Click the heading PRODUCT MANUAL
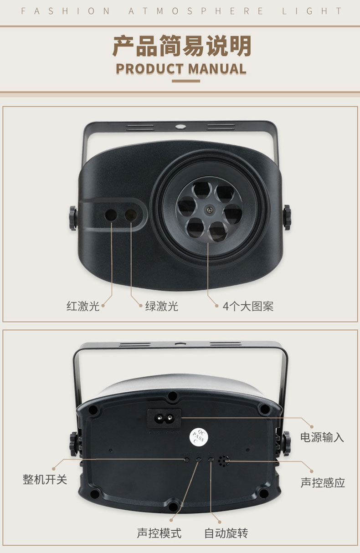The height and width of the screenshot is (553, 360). coord(181,69)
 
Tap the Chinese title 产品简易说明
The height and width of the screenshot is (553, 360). coord(182,46)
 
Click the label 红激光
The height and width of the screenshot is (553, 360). coord(83,306)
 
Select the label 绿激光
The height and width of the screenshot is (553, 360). coord(162,306)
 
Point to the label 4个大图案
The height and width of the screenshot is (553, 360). coord(248,306)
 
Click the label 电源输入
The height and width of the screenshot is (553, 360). coord(322,437)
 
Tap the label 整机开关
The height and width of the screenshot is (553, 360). coord(45,479)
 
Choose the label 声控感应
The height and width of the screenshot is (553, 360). coord(323,482)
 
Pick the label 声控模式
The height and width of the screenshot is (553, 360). coord(159,533)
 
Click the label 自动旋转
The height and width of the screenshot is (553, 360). coord(226,533)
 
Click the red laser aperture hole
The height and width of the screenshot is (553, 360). coord(111,215)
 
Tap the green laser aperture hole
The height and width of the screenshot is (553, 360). coord(131,215)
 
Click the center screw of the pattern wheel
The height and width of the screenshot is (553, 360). coord(209,210)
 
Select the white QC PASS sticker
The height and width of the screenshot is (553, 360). coord(199,437)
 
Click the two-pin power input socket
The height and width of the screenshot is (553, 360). coord(164,418)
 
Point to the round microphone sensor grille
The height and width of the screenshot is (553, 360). coord(224,461)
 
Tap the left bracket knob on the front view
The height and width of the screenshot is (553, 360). coord(73,218)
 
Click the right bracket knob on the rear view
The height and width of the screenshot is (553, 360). coord(287,443)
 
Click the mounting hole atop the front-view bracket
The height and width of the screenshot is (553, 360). coord(180,127)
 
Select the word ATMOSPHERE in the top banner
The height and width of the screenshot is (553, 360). coord(195,11)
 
